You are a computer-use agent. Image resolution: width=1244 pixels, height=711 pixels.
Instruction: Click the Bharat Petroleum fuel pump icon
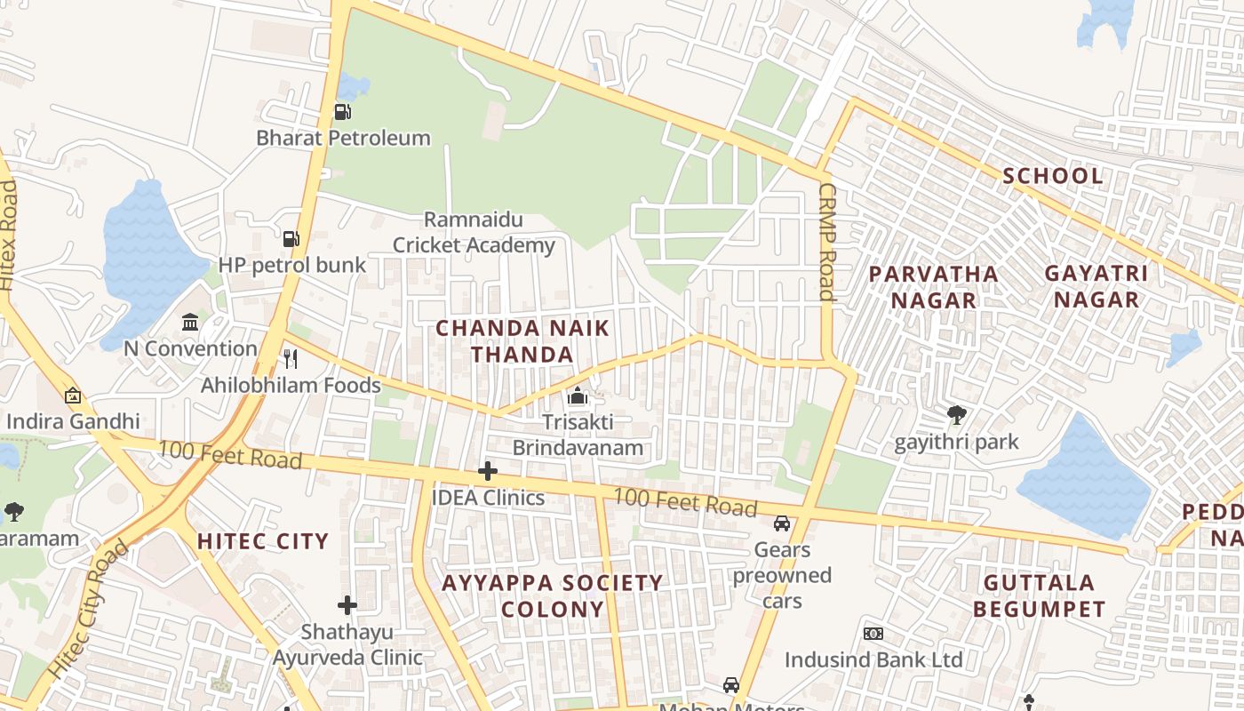342,112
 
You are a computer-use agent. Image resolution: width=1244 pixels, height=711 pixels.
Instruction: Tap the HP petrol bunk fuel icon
291,239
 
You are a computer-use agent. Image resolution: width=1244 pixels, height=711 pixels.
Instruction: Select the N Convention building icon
190,322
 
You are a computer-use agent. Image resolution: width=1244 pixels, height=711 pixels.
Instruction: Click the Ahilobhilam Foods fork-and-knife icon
290,359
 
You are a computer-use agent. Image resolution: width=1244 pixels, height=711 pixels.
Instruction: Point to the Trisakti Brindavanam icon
578,395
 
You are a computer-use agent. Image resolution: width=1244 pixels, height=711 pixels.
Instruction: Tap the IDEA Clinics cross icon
487,471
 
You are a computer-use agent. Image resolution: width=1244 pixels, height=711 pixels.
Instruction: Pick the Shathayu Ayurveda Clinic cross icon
347,606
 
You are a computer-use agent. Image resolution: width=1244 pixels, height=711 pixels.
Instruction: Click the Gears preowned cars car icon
782,523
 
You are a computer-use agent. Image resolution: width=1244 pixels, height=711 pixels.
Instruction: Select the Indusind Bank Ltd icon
873,634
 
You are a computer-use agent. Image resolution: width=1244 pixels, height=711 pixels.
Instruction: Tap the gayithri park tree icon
956,415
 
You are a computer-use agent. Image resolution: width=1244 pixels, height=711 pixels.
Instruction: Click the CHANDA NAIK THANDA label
522,341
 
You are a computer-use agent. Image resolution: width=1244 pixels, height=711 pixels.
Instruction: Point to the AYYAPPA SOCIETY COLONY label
553,595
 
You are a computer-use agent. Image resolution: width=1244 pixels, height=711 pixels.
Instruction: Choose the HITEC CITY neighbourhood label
263,541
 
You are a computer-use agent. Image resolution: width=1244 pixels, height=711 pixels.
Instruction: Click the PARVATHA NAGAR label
934,287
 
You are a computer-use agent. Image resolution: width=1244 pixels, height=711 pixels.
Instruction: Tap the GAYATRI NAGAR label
1096,286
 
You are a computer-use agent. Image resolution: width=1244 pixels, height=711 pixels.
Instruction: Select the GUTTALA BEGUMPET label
1040,596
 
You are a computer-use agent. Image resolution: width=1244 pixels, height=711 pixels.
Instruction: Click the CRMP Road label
827,242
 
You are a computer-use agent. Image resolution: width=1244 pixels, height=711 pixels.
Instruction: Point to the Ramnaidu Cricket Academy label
474,233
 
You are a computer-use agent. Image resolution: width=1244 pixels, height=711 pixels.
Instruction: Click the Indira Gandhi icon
73,395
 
